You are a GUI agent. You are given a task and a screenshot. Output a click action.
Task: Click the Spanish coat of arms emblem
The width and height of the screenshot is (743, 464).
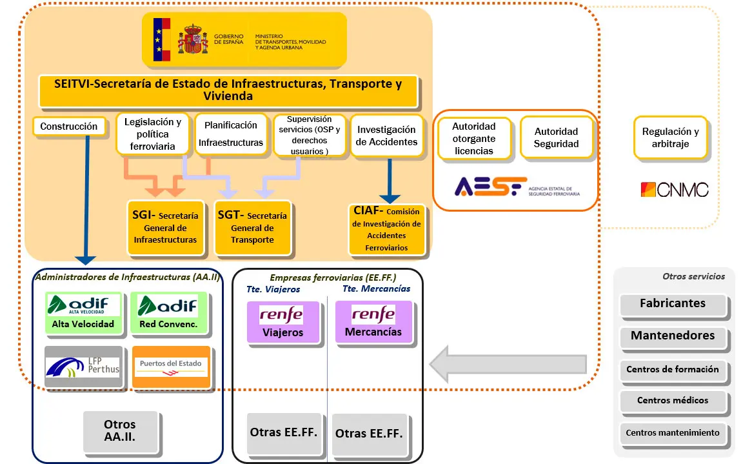pyautogui.click(x=193, y=39)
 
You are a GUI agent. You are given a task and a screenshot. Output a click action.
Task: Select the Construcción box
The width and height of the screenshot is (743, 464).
pyautogui.click(x=68, y=126)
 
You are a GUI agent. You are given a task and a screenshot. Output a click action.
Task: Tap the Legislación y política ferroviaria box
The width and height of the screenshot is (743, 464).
pyautogui.click(x=152, y=134)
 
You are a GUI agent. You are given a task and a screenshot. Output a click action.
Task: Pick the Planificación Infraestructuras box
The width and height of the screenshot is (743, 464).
pyautogui.click(x=230, y=134)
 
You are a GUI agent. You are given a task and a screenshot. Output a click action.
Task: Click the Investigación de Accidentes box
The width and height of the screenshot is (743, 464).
pyautogui.click(x=387, y=136)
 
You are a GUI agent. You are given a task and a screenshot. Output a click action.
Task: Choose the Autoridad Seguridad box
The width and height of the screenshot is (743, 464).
pyautogui.click(x=556, y=137)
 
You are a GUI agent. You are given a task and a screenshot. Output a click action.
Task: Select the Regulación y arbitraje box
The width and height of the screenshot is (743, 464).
pyautogui.click(x=670, y=137)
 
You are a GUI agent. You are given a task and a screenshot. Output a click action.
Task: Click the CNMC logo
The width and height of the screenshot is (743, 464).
pyautogui.click(x=674, y=190)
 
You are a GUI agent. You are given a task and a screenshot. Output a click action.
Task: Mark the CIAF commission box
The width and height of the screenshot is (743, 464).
pyautogui.click(x=386, y=229)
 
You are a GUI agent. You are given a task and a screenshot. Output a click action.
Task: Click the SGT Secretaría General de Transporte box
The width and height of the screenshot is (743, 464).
pyautogui.click(x=252, y=228)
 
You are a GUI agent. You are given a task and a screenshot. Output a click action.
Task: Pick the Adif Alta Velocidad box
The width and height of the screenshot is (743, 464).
pyautogui.click(x=84, y=313)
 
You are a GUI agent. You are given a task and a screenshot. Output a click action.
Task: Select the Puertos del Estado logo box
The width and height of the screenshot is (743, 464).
pyautogui.click(x=171, y=367)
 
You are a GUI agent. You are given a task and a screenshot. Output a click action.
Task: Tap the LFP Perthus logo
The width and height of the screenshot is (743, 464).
pyautogui.click(x=83, y=367)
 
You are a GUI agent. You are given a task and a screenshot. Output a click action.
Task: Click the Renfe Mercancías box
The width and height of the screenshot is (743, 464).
pyautogui.click(x=373, y=321)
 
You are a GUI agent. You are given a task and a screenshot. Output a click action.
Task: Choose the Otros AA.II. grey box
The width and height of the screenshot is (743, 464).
pyautogui.click(x=119, y=430)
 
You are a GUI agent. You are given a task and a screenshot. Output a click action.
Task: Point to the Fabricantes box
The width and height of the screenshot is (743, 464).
pyautogui.click(x=673, y=305)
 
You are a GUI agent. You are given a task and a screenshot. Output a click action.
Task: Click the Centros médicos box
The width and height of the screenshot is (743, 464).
pyautogui.click(x=673, y=401)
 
